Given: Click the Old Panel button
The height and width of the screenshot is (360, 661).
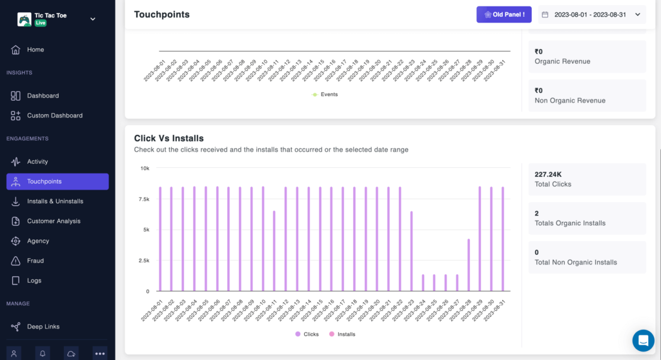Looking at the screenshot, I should pyautogui.click(x=503, y=14).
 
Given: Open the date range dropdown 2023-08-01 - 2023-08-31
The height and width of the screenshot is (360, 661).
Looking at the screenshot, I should pyautogui.click(x=591, y=14).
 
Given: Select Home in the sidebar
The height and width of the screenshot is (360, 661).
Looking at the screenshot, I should pyautogui.click(x=36, y=50).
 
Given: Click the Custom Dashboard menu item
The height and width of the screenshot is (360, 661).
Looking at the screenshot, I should pyautogui.click(x=54, y=115).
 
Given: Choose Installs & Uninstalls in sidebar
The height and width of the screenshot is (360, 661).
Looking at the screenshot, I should pyautogui.click(x=55, y=201).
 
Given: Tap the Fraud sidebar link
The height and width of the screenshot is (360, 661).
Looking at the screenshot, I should pyautogui.click(x=36, y=261).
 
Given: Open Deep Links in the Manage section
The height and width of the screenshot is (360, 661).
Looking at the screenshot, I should pyautogui.click(x=43, y=326).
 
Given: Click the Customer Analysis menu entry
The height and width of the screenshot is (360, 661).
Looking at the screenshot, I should pyautogui.click(x=54, y=221).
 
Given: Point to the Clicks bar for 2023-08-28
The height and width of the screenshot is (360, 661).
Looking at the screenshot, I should pyautogui.click(x=469, y=265).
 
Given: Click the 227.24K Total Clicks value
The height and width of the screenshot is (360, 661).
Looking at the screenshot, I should pyautogui.click(x=548, y=174).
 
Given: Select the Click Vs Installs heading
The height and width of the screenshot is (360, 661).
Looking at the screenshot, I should pyautogui.click(x=168, y=138).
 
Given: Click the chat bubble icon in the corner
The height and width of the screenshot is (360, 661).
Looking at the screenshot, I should pyautogui.click(x=643, y=341).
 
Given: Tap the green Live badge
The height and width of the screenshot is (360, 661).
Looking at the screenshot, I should pyautogui.click(x=41, y=23).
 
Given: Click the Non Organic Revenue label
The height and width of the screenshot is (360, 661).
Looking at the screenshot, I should pyautogui.click(x=570, y=101).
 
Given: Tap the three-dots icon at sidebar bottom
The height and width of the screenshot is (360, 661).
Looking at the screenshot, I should pyautogui.click(x=99, y=353).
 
